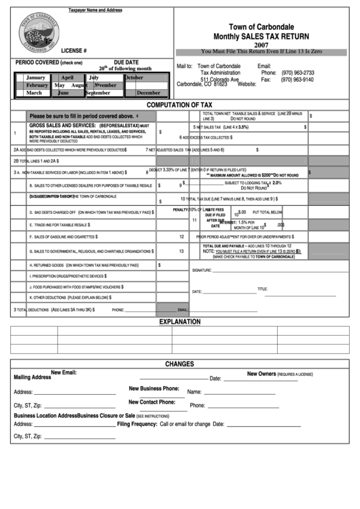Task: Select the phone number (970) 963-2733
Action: click(298, 73)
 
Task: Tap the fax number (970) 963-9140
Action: click(298, 80)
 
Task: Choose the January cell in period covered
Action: click(35, 77)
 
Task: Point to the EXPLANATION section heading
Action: click(180, 321)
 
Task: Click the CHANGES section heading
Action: click(179, 364)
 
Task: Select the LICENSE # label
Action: click(73, 51)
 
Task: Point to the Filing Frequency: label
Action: click(137, 424)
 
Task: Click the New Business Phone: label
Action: click(154, 388)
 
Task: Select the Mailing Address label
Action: click(32, 376)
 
